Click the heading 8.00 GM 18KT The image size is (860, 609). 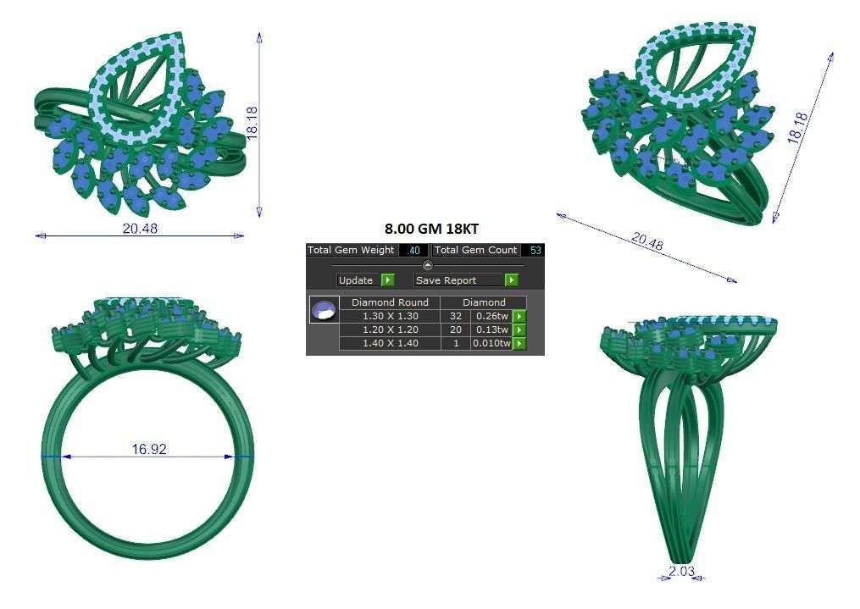coord(431,229)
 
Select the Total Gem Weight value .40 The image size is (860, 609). coord(413,251)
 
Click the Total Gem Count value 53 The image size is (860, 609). coord(534,251)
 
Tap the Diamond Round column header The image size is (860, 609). coord(390,302)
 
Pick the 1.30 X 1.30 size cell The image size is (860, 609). coord(390,316)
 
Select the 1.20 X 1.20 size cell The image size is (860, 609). coord(390,329)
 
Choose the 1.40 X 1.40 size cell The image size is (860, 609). coord(390,343)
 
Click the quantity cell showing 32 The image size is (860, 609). coord(456,316)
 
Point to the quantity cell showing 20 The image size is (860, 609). coord(456,329)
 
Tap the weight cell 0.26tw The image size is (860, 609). coord(491,316)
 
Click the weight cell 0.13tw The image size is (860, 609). coord(491,329)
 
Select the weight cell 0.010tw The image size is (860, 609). coord(491,343)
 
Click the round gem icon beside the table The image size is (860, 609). coord(322,310)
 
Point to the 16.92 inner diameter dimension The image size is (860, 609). coord(149,450)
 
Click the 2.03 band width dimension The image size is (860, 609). coord(681,572)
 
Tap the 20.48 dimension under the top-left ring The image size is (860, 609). coord(140,229)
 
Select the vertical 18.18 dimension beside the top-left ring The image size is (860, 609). coord(252,123)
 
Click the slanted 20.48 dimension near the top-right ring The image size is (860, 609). coord(647,243)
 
